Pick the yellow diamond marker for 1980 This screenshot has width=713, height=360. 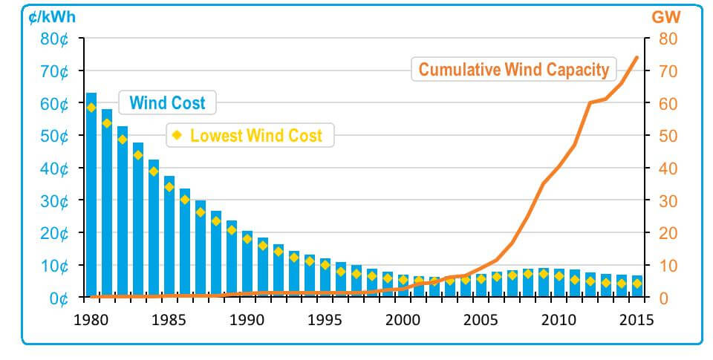(x=91, y=108)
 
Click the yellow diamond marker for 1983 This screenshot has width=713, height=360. (x=138, y=155)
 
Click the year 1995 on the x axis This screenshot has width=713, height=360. (x=324, y=321)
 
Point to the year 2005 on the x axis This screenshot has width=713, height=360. (x=480, y=321)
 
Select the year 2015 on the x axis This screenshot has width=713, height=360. (x=636, y=321)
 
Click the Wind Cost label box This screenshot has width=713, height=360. (x=167, y=102)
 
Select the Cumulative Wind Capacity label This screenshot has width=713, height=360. (x=513, y=70)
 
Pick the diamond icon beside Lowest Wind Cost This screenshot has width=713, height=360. (x=177, y=135)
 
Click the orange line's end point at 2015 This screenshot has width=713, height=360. (x=637, y=57)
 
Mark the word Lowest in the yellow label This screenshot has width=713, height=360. (x=216, y=135)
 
